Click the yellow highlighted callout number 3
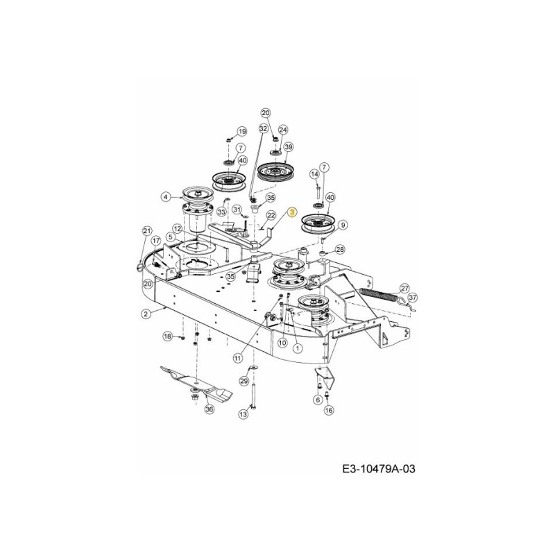pos(292,212)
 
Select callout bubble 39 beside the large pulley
pos(288,147)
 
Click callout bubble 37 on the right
pos(413,298)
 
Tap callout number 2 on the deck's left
pos(146,314)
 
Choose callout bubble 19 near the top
pos(241,131)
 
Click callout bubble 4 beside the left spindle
pos(165,197)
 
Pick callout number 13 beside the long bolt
pos(243,414)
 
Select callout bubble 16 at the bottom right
pos(328,410)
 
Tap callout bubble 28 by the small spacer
pos(340,250)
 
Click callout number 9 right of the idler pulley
pos(343,223)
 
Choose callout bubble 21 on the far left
pos(146,231)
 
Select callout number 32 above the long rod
pos(263,129)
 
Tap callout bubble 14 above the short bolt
pos(314,173)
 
